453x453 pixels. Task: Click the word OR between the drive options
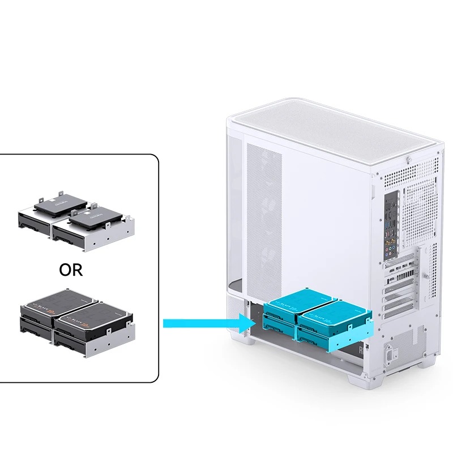71,270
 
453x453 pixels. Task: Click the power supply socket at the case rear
391,353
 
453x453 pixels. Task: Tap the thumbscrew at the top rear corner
409,160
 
